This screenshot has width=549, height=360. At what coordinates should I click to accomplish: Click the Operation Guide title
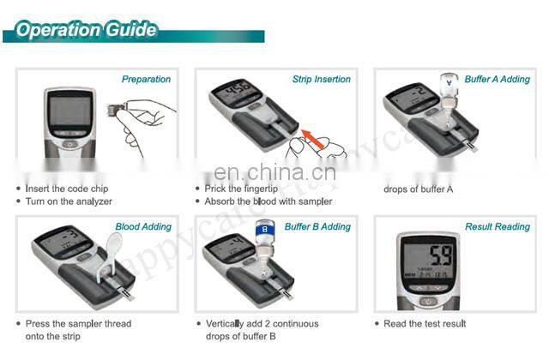point(86,30)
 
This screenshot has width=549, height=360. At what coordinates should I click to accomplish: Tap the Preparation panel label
point(146,79)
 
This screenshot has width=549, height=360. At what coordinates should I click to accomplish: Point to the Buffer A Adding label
point(498,79)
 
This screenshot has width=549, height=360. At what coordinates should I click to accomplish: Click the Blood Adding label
point(143,227)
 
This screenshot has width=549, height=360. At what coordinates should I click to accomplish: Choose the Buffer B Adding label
point(317,227)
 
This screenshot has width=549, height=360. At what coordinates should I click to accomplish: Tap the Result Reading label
point(498,227)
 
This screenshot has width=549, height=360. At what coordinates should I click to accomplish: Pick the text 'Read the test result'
point(425,323)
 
